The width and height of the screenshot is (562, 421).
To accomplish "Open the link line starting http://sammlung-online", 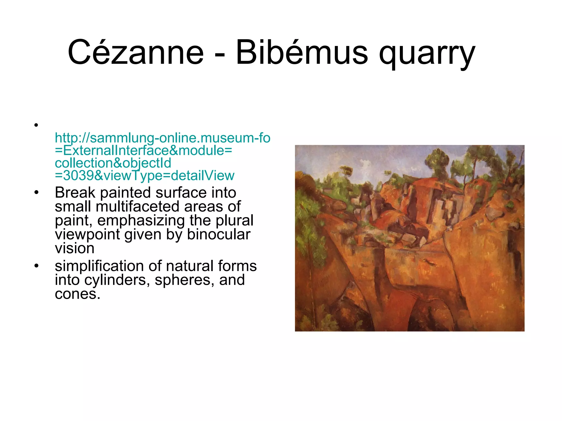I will (x=162, y=138).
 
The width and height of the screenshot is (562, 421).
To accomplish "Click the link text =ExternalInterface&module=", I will (x=143, y=150).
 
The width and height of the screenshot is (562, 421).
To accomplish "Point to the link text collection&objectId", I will (x=113, y=163).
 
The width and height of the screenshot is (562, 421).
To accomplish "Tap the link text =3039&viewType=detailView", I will (x=145, y=176).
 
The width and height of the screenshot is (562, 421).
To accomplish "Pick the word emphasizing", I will (x=141, y=221).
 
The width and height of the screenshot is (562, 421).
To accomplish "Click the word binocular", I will (x=219, y=234).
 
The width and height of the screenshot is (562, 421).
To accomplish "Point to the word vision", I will (x=74, y=248).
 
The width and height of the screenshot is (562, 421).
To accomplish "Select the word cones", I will (x=77, y=294).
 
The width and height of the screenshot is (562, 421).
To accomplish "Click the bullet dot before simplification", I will (x=36, y=266).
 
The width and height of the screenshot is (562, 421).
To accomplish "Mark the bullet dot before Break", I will (x=36, y=192).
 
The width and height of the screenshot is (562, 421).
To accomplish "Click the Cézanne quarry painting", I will (x=409, y=238).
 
